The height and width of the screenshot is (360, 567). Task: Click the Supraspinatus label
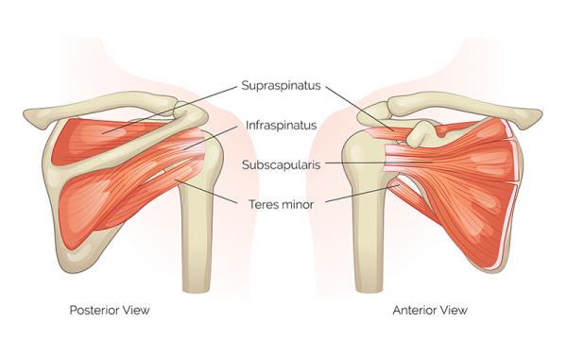click(x=282, y=84)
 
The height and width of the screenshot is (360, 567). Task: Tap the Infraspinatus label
click(x=280, y=124)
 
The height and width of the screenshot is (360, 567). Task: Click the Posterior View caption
click(x=110, y=309)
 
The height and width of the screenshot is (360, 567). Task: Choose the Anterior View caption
click(x=429, y=309)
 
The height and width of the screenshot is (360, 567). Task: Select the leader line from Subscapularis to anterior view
click(x=378, y=163)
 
